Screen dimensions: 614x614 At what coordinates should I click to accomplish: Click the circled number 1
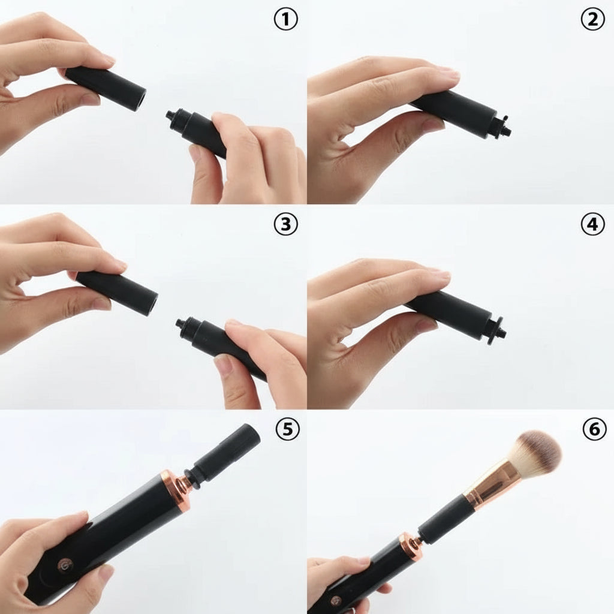pos(286,20)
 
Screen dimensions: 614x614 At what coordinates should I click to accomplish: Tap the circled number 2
pos(592,20)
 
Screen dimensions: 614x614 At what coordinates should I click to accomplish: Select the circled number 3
pos(286,224)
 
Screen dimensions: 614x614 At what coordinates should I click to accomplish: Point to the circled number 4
pos(592,224)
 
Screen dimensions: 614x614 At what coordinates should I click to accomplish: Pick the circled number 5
pos(286,429)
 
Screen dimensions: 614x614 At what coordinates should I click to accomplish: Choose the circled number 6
pos(592,429)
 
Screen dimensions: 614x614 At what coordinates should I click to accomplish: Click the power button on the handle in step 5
pos(64,564)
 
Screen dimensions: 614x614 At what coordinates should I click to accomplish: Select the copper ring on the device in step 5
pos(174,486)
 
